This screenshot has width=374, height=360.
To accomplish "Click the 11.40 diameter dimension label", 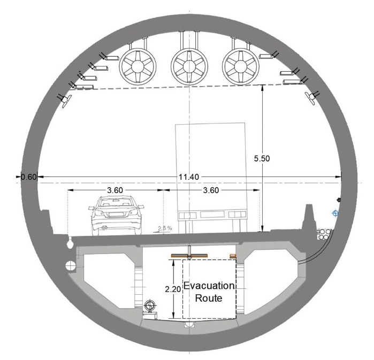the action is [x=189, y=177].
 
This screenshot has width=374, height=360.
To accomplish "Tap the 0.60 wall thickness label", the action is [x=28, y=177].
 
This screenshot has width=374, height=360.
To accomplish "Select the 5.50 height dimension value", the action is [x=262, y=158].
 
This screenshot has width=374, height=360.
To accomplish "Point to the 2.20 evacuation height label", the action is [x=173, y=289].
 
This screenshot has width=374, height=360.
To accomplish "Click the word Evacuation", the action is [x=209, y=286].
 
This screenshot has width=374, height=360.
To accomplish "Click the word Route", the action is [x=209, y=298].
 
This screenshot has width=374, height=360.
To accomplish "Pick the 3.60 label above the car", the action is [x=115, y=190].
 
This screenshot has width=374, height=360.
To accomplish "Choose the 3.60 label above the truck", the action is [x=211, y=190].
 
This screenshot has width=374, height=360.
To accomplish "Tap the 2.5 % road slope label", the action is [x=165, y=228].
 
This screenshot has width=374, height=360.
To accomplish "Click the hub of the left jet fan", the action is [x=138, y=66].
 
